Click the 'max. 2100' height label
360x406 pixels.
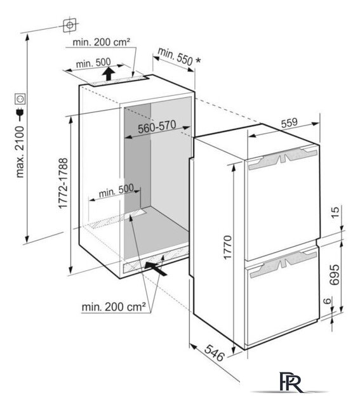[x=20, y=152]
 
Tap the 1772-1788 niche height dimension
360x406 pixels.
[x=63, y=183]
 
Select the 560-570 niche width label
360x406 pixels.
[x=157, y=127]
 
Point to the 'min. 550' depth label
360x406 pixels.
[x=175, y=56]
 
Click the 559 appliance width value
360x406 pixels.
[x=290, y=122]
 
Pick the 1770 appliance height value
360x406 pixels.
[x=227, y=247]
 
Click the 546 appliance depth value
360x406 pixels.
[x=214, y=353]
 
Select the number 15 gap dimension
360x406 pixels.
[x=335, y=213]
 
